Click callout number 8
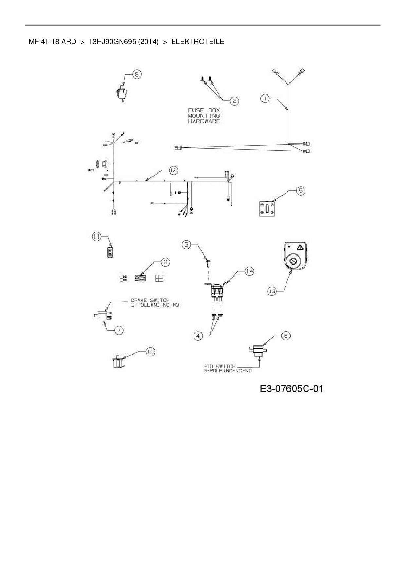tap(137, 74)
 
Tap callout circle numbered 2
tap(234, 101)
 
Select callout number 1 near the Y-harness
tap(266, 98)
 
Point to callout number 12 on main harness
tap(174, 170)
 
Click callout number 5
tap(301, 191)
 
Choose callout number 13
tap(272, 291)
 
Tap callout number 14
tap(249, 271)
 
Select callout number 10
tap(150, 351)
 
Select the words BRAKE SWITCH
tap(150, 300)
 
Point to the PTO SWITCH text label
tap(219, 366)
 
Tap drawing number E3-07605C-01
tap(291, 389)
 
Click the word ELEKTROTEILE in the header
tap(198, 42)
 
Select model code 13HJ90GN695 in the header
tap(112, 42)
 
